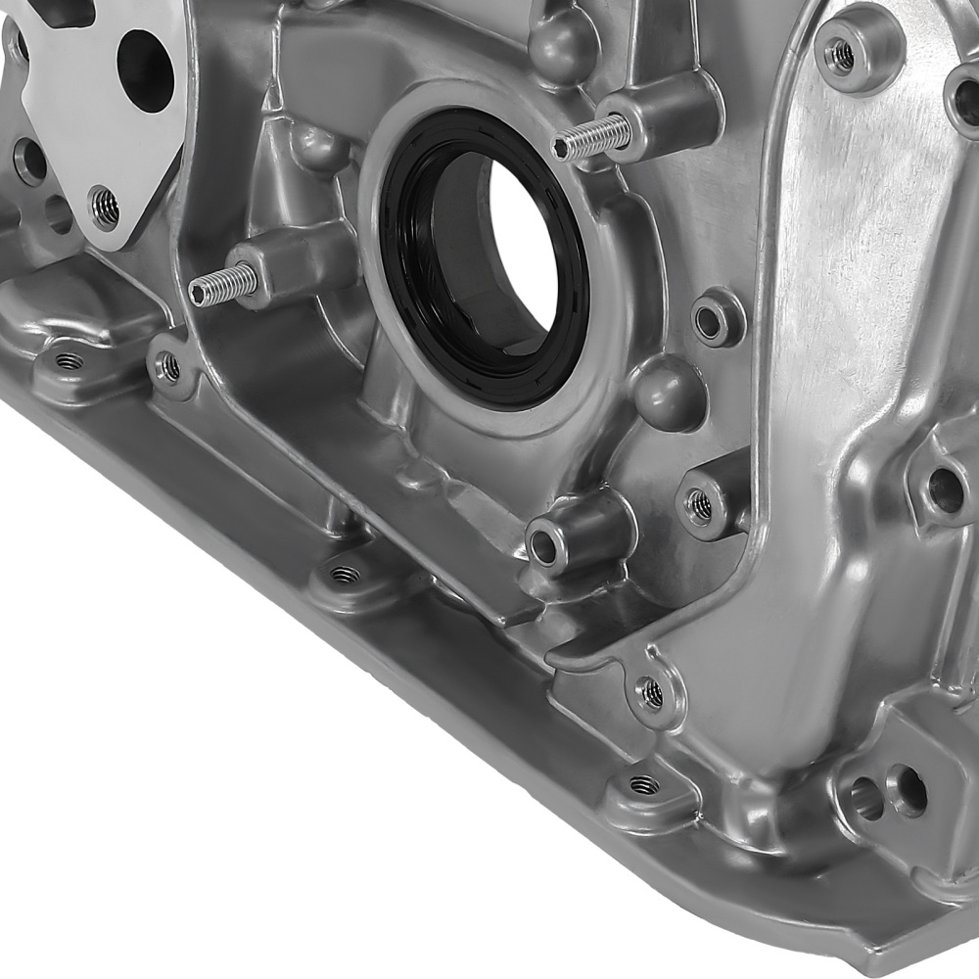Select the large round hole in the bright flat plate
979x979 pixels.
(145, 69)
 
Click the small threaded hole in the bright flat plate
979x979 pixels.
(104, 207)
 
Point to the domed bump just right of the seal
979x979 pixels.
(668, 391)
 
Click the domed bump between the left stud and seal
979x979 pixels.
(318, 148)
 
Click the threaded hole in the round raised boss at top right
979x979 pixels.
(841, 55)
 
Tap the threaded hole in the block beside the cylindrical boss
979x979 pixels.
(699, 505)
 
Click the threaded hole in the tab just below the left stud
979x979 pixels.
(169, 367)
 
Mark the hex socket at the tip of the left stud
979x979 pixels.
(199, 291)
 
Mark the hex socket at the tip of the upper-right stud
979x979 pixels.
(562, 148)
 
